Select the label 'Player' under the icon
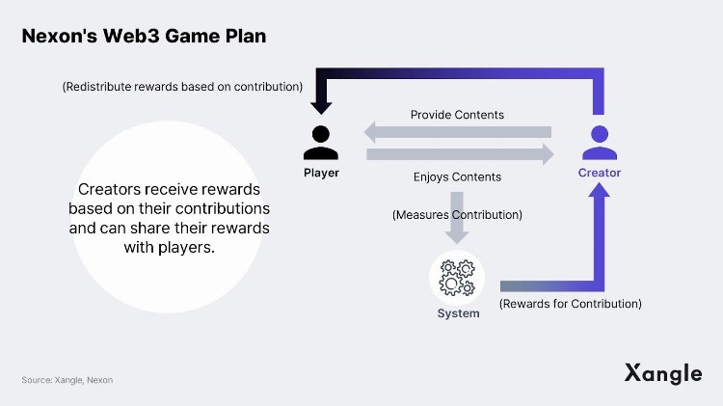[x=320, y=173]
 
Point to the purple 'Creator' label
[x=600, y=173]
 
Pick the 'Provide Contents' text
[x=457, y=115]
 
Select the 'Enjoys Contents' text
[x=457, y=176]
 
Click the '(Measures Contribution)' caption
[x=457, y=214]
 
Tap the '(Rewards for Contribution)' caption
[x=571, y=304]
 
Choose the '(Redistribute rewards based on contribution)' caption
[x=182, y=86]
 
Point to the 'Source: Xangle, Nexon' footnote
[x=67, y=380]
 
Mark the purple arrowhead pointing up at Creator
[x=600, y=196]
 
